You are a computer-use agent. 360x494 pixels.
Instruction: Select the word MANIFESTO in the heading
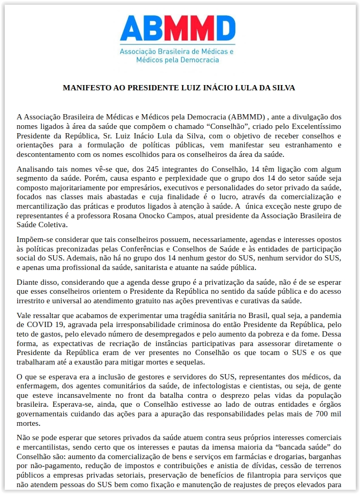84,88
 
